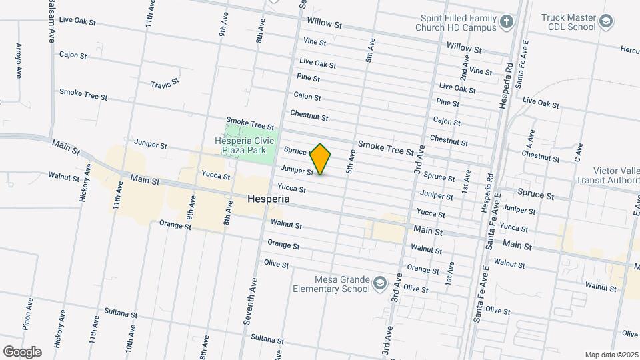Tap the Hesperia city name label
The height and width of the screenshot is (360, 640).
[x=268, y=199]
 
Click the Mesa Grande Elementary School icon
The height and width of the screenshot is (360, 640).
[x=379, y=283]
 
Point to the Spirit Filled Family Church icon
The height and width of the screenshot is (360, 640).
[x=506, y=23]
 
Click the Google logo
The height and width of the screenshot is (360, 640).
[x=22, y=351]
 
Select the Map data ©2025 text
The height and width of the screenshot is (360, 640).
[x=611, y=355]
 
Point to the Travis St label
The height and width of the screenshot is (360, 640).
[x=165, y=84]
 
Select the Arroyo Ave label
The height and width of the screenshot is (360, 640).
[x=18, y=61]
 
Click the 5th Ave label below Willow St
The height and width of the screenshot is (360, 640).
[x=368, y=52]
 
